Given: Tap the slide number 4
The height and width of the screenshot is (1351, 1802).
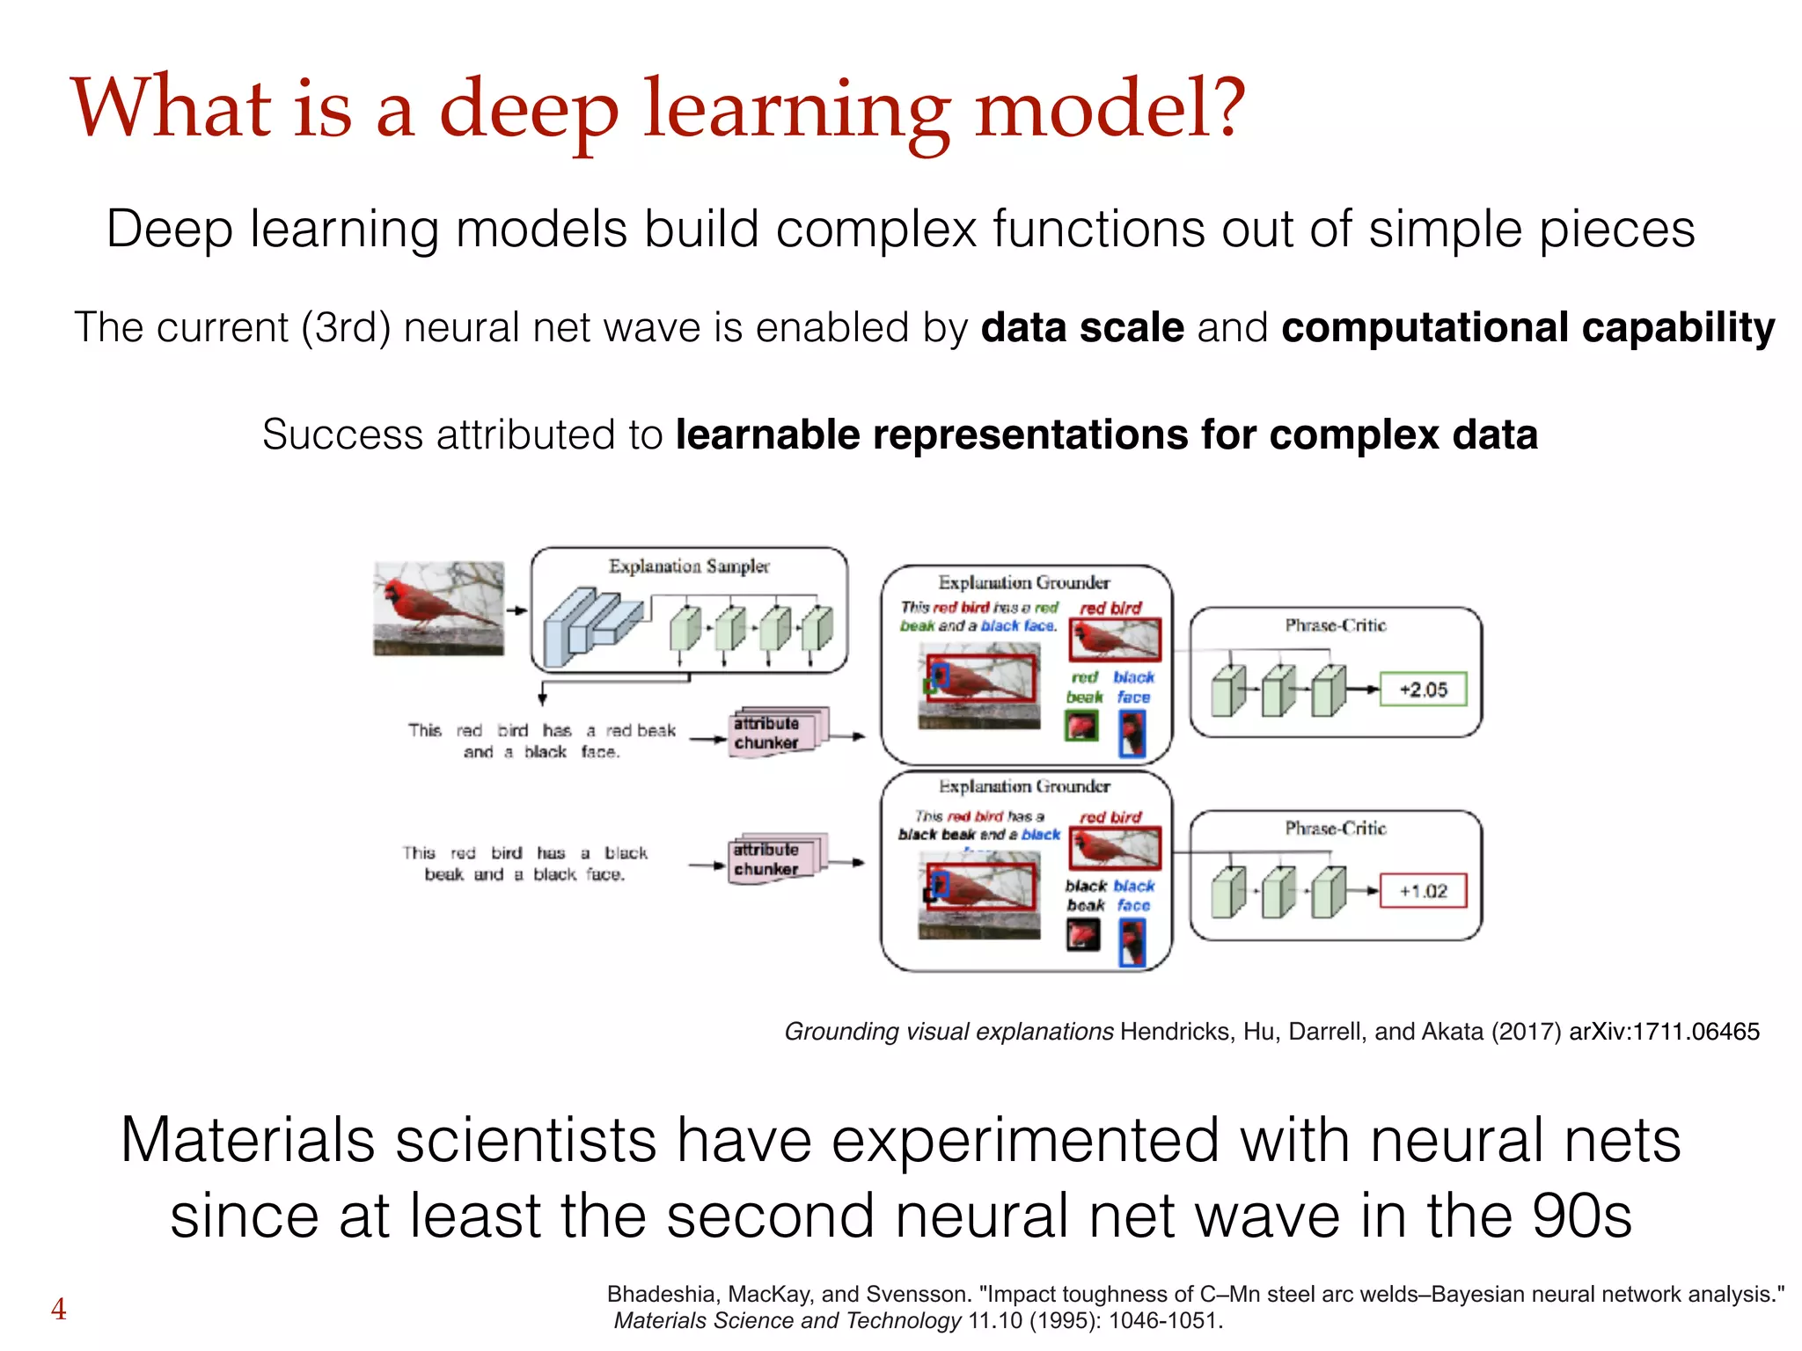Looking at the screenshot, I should click(x=58, y=1309).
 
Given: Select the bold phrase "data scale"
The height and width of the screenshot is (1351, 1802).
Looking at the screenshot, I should click(x=1082, y=327).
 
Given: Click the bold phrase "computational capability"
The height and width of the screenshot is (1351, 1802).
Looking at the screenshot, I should click(x=1527, y=327).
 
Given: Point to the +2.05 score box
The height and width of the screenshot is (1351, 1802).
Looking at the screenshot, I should click(x=1423, y=690).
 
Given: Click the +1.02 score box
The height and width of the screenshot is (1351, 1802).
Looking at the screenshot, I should click(x=1423, y=891).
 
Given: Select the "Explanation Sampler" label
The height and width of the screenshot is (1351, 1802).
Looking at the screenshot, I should click(x=689, y=566).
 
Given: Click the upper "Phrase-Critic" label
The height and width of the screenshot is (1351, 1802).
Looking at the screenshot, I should click(x=1335, y=625).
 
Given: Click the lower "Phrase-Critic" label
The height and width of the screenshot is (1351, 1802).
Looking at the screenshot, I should click(x=1335, y=829).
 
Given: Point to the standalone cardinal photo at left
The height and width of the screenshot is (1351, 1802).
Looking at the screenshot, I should click(x=438, y=609).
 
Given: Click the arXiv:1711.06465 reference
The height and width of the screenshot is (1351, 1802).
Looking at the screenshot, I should click(x=1664, y=1032).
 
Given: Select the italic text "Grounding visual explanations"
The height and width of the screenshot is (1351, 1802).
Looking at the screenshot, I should click(x=949, y=1032).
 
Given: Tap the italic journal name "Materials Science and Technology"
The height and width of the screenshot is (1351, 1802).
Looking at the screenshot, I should click(x=787, y=1321).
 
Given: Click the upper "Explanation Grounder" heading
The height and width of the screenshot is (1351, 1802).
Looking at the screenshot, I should click(x=1023, y=582).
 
